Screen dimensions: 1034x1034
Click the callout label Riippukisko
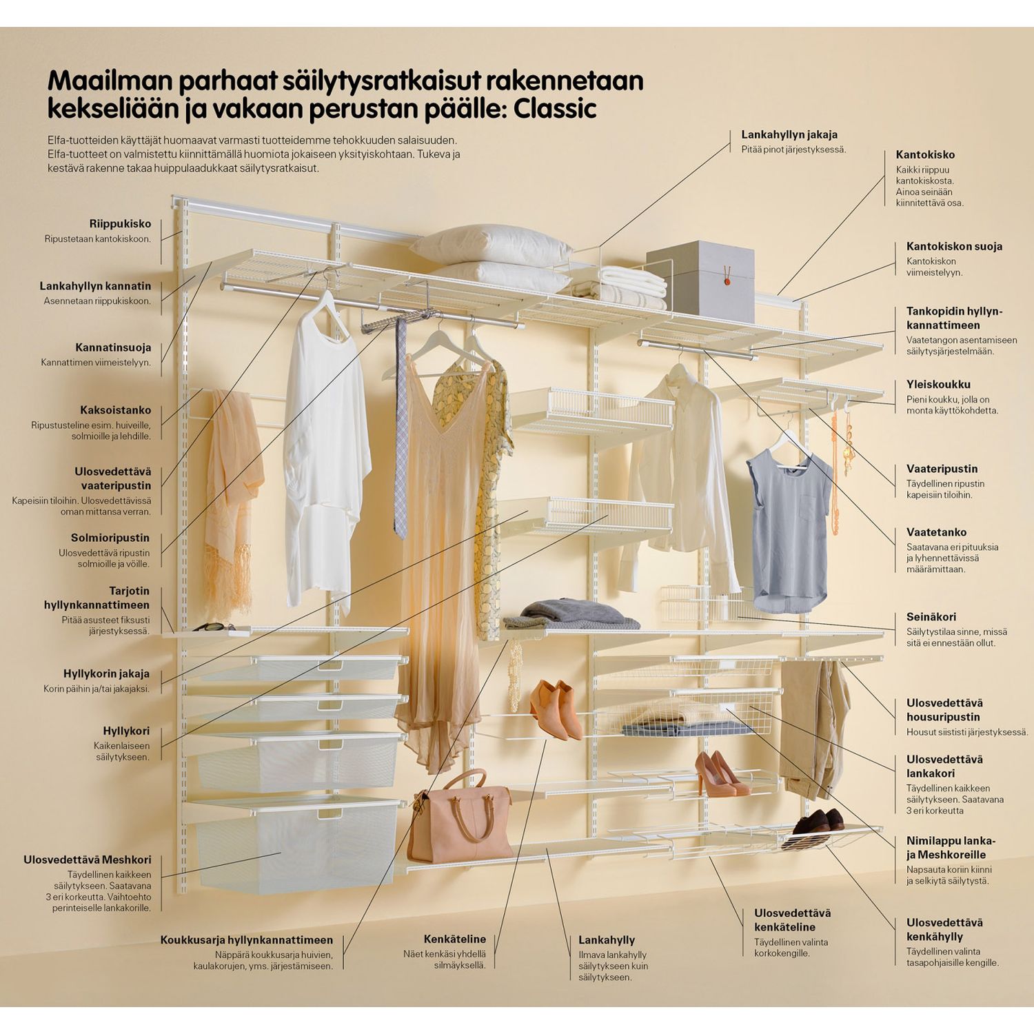pyautogui.click(x=120, y=224)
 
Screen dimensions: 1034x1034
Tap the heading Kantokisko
pyautogui.click(x=925, y=155)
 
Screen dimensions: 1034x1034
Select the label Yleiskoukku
pyautogui.click(x=938, y=385)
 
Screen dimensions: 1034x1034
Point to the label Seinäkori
pyautogui.click(x=931, y=618)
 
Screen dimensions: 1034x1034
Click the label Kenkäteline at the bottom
pyautogui.click(x=454, y=939)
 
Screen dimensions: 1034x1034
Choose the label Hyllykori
pyautogui.click(x=126, y=731)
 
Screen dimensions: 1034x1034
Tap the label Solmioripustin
pyautogui.click(x=110, y=538)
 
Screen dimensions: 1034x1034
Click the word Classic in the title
pyautogui.click(x=555, y=109)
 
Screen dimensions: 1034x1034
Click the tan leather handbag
pyautogui.click(x=460, y=824)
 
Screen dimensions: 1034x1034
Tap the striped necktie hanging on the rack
pyautogui.click(x=400, y=427)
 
